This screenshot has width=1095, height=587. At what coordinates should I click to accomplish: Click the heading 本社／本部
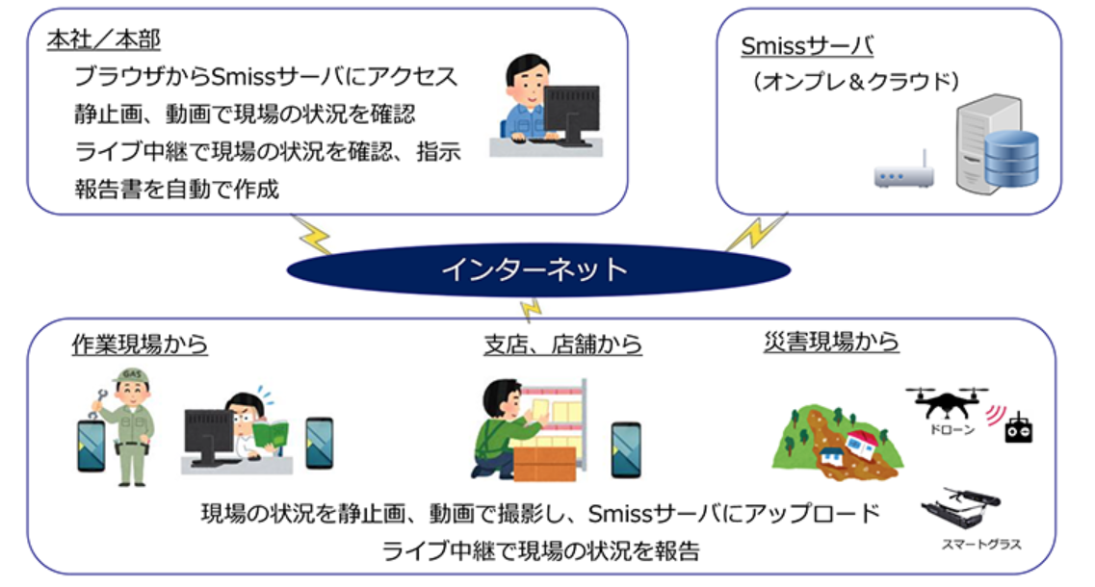click(x=103, y=39)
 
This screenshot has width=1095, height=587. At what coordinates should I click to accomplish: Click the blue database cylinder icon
click(x=1009, y=160)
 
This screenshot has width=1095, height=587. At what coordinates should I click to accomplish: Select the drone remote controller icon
click(x=1018, y=429)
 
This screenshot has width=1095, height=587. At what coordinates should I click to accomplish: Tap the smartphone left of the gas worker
click(x=91, y=444)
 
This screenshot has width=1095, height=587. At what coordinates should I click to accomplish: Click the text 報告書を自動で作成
click(x=176, y=189)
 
